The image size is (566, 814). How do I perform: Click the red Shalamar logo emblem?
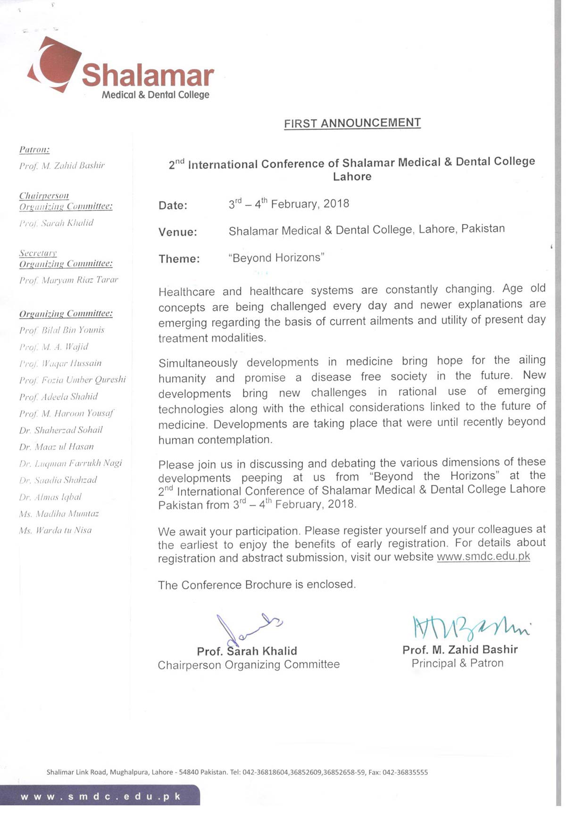coord(53,65)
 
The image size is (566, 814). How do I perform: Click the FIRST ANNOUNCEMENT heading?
coord(352,123)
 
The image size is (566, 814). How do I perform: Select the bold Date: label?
coord(173,205)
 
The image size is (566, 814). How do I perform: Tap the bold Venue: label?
coord(177,232)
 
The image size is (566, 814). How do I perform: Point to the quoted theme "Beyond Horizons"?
coord(276,258)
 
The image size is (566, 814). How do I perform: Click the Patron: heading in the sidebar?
coord(34,150)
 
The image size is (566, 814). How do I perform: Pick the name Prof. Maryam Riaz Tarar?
coord(68,280)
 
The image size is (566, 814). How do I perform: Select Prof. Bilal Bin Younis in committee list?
coord(62,330)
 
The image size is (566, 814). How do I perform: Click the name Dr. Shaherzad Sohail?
coord(61,430)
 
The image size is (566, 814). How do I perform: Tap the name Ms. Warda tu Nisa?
coord(55,530)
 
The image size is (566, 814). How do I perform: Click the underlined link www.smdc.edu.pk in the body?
coord(483,556)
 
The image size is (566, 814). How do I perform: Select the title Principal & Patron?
coord(457,663)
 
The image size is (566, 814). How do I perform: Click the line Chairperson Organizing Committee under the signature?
coord(249,665)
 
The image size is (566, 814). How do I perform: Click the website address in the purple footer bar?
coord(100,797)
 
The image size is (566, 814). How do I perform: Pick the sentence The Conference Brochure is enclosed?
coord(257,585)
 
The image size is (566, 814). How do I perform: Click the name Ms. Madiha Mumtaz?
coord(59,513)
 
